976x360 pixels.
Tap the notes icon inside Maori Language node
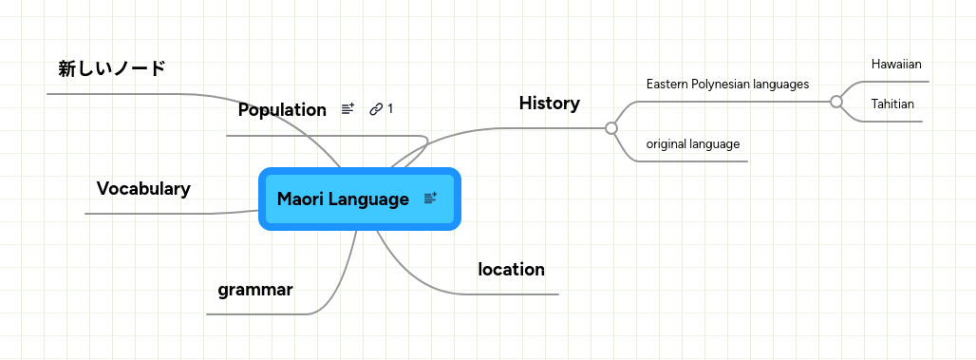[x=430, y=199]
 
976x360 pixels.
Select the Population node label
[x=282, y=110]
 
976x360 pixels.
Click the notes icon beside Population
[x=347, y=110]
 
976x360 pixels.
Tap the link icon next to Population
[x=376, y=109]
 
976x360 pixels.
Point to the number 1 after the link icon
[x=390, y=109]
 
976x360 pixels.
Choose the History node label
[x=549, y=104]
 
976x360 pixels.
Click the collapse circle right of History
[x=611, y=127]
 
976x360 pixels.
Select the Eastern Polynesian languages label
[x=727, y=85]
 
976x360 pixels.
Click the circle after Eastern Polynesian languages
[x=836, y=101]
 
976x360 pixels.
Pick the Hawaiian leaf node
[x=896, y=65]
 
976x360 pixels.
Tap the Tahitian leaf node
[x=892, y=104]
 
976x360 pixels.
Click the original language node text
[x=693, y=144]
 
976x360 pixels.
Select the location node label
[x=511, y=270]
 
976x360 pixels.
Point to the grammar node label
[x=255, y=290]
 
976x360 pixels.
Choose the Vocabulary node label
[x=143, y=189]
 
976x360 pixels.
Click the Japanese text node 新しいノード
[x=112, y=68]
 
